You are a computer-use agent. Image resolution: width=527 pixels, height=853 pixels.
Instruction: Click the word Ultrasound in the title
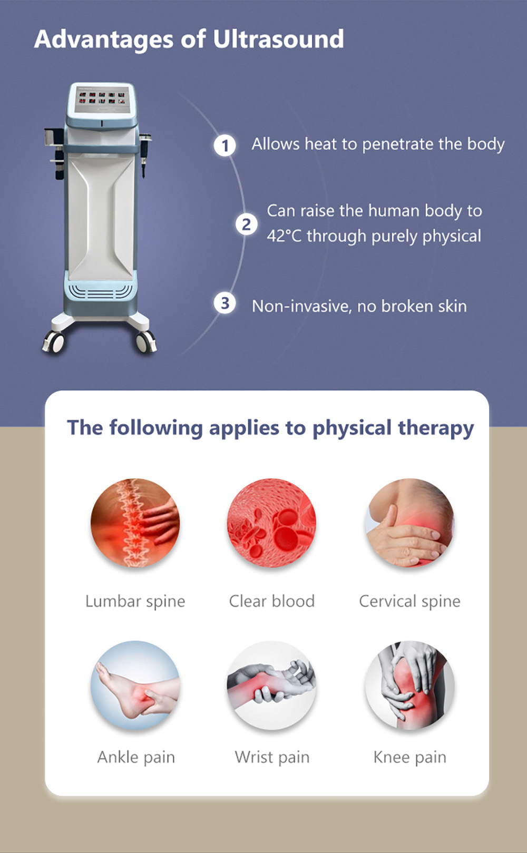click(x=278, y=39)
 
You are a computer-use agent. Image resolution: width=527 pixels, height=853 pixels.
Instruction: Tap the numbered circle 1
click(x=225, y=145)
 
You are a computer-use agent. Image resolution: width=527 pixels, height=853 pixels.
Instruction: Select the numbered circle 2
click(x=246, y=224)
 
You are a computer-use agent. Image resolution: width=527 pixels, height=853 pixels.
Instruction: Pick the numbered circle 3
click(x=225, y=303)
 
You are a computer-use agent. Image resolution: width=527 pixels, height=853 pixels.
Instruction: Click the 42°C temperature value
click(x=284, y=236)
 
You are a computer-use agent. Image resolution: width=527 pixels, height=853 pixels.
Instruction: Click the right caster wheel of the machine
click(x=147, y=341)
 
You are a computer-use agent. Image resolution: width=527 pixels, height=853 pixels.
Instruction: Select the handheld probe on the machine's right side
click(x=145, y=154)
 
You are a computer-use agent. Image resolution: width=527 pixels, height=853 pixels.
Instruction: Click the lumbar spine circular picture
click(x=135, y=523)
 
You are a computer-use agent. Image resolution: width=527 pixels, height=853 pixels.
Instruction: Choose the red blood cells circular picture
click(x=271, y=523)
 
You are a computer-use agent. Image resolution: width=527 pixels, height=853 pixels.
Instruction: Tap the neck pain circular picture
click(x=409, y=523)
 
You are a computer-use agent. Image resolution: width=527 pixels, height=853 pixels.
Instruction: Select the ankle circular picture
click(x=135, y=685)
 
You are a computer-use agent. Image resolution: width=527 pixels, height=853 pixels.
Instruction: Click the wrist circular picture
click(x=271, y=685)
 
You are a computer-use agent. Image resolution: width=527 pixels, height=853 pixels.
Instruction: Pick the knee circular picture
click(x=409, y=685)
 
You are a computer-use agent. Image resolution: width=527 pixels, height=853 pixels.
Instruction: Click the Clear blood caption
click(x=272, y=601)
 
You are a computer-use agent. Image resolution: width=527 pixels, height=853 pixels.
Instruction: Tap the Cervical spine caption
click(x=409, y=602)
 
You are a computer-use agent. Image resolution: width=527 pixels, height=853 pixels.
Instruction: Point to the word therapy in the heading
click(x=436, y=428)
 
